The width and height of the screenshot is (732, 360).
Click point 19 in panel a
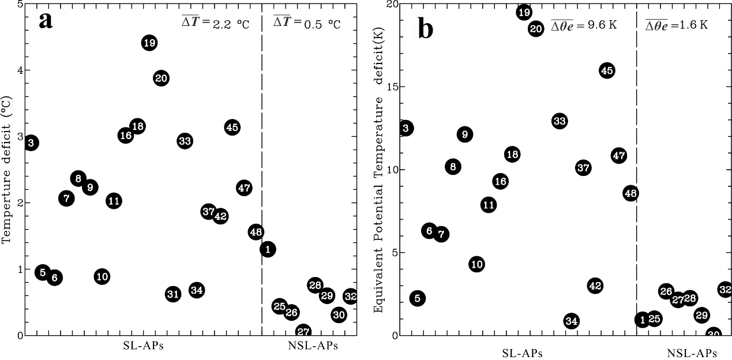149,43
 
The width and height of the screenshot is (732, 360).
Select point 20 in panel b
536,29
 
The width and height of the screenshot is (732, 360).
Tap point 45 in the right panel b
607,70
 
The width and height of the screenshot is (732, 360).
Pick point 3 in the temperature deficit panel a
32,142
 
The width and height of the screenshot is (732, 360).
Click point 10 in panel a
102,276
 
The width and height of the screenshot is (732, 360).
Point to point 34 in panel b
571,321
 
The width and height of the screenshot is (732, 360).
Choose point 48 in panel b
630,193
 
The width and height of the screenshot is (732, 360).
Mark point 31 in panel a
173,294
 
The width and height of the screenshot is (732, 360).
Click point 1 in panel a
268,249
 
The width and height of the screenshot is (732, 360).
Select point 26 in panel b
666,291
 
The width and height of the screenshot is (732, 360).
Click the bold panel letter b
425,29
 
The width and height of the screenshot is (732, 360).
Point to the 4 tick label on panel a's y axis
20,70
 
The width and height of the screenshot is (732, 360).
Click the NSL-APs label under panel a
313,346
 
